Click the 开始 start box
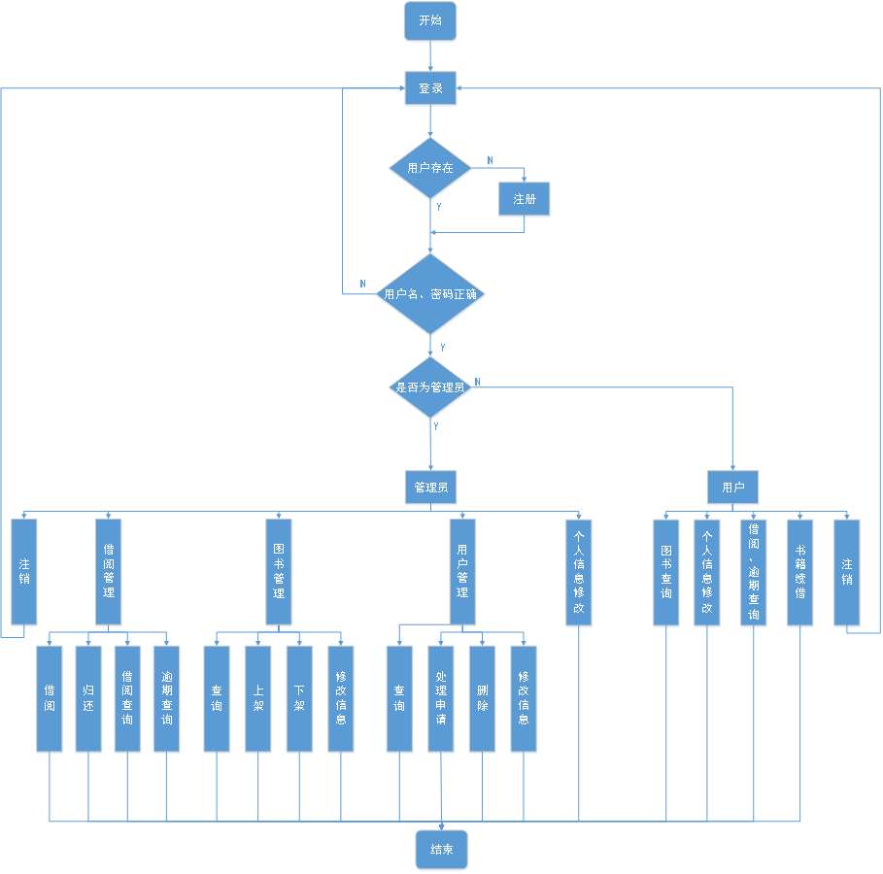click(x=430, y=21)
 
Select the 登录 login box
click(x=430, y=88)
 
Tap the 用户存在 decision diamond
click(x=430, y=168)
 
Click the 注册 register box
click(x=525, y=199)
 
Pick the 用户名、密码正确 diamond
click(x=430, y=293)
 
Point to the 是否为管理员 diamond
click(x=430, y=387)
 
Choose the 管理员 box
click(x=430, y=486)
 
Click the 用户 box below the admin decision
click(x=732, y=486)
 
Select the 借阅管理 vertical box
click(x=109, y=571)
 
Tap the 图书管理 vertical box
click(x=279, y=571)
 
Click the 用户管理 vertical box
click(x=462, y=571)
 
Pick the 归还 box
click(x=88, y=698)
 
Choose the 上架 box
click(x=257, y=698)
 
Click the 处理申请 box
click(x=441, y=698)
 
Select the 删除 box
click(x=482, y=698)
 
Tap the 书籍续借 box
click(x=800, y=572)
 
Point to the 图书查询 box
click(x=666, y=572)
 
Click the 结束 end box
click(x=442, y=849)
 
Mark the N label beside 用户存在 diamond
click(x=490, y=159)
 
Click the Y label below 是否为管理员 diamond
click(x=435, y=426)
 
